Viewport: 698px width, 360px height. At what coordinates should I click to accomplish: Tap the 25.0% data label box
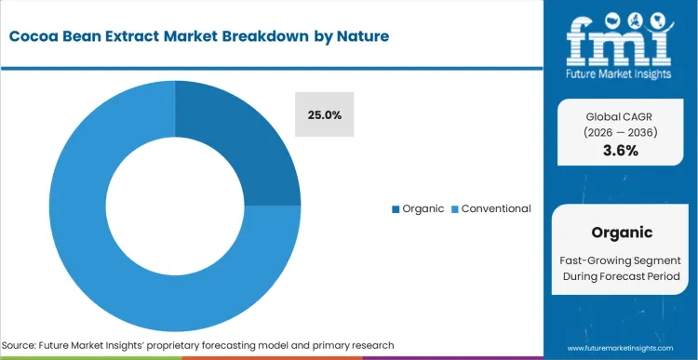tap(325, 115)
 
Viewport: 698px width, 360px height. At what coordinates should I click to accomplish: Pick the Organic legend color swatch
tap(396, 208)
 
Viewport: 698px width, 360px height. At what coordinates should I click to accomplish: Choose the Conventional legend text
tap(496, 208)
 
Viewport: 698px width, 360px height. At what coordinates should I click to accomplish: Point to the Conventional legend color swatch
tap(455, 208)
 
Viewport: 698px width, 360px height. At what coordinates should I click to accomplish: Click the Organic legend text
tap(423, 208)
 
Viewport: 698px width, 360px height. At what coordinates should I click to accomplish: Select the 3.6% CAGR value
tap(620, 151)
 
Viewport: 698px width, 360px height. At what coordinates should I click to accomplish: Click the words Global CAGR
tap(620, 116)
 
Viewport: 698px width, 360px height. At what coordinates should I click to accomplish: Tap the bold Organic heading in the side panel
tap(621, 233)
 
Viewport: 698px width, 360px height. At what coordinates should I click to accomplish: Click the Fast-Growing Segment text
tap(621, 260)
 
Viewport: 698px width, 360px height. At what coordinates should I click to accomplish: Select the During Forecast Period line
tap(621, 277)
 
